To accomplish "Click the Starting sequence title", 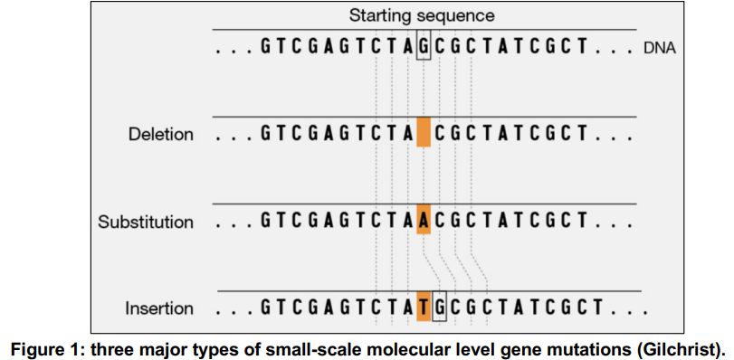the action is (x=422, y=15).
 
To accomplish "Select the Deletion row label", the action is (x=160, y=135).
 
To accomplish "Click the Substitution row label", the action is (x=146, y=222).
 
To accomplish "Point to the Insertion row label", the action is (x=159, y=308).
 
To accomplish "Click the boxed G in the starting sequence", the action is (x=424, y=45).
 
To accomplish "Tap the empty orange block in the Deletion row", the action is (x=424, y=134).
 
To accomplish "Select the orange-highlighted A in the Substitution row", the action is (x=424, y=221).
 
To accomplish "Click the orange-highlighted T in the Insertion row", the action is (x=424, y=308).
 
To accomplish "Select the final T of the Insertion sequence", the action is (x=602, y=308).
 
